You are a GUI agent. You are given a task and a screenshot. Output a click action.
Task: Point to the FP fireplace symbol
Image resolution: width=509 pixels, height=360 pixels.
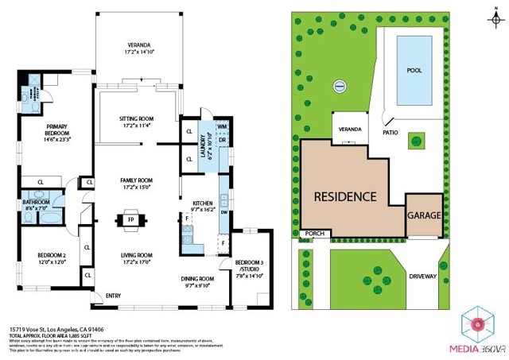point(130,220)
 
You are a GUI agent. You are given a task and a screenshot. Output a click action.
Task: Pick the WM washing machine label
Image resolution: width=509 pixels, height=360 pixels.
point(222,127)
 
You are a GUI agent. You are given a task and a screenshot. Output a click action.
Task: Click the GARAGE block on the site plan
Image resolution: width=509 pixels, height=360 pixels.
point(424,215)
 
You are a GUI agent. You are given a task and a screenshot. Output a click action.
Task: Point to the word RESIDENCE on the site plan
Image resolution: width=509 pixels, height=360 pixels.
point(344,196)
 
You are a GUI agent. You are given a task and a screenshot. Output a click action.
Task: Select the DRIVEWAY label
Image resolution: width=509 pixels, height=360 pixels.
point(423,277)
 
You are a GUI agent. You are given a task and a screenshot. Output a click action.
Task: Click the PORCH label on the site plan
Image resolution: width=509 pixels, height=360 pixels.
point(314,234)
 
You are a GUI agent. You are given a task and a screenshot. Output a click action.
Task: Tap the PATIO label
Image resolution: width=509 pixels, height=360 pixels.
point(390,133)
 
